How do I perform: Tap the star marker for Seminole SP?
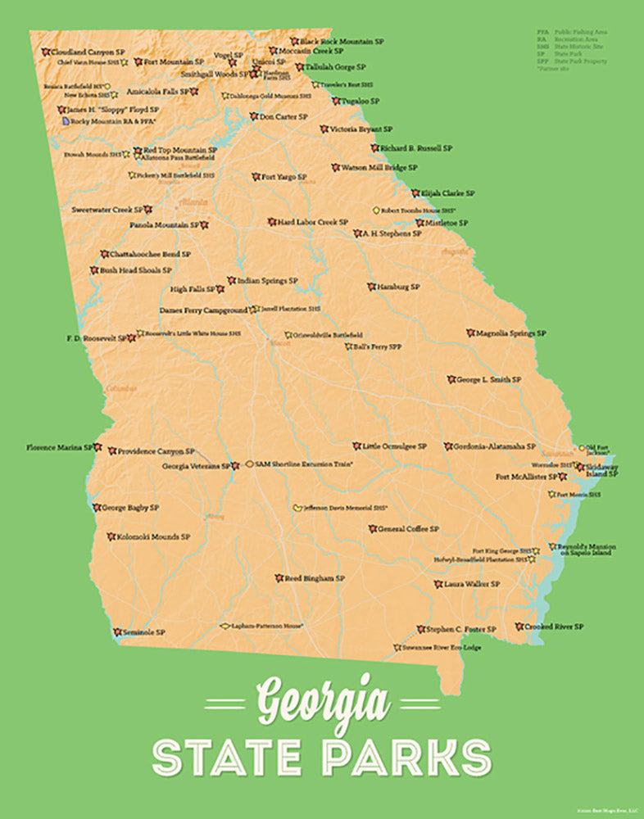118,632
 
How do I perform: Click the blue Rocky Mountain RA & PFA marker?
66,120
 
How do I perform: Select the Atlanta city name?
195,201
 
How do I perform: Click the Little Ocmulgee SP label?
395,446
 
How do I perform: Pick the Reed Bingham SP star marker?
279,577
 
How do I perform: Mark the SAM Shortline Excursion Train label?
303,464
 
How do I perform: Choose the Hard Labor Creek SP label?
312,222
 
